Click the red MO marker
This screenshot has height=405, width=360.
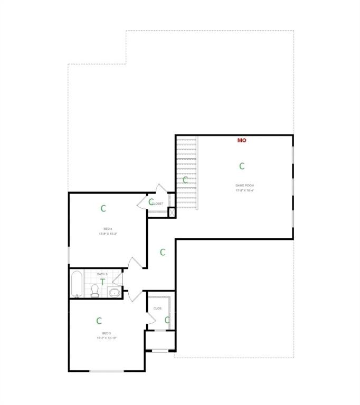(242, 140)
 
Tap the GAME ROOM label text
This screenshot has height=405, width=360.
(244, 185)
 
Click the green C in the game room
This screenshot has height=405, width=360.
(242, 166)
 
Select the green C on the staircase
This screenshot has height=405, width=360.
(185, 180)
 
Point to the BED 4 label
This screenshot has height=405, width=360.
(107, 228)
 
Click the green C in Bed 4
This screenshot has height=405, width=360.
(103, 208)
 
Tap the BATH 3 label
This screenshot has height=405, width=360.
(102, 274)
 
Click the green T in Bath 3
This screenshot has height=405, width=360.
(102, 282)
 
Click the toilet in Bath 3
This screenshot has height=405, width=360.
(95, 291)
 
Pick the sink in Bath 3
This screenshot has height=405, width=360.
(115, 292)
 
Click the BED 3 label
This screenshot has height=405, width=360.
(106, 333)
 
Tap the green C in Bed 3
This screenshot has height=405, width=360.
(99, 321)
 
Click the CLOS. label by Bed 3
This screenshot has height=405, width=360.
(157, 308)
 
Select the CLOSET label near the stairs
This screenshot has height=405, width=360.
(157, 204)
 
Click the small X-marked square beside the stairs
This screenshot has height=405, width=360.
(172, 213)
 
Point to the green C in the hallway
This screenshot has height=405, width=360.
(163, 253)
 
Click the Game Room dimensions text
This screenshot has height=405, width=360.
(244, 190)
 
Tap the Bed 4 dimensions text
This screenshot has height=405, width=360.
(107, 234)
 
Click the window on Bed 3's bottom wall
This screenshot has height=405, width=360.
(106, 371)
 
